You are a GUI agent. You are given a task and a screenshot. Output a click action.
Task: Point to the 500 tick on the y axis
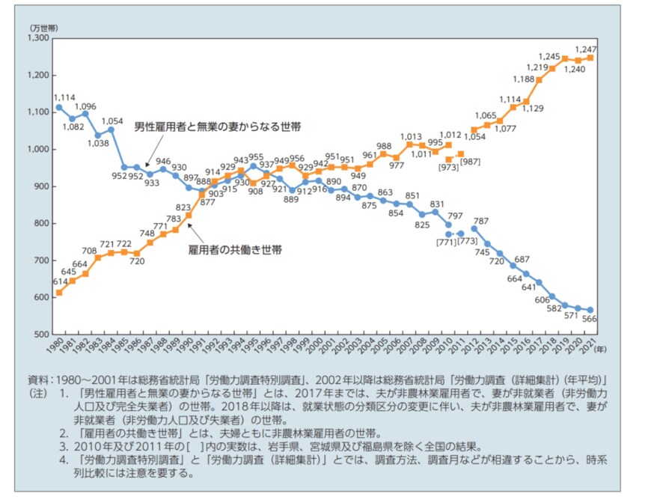[x=42, y=334]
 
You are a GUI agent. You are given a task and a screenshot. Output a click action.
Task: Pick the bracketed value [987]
[x=470, y=162]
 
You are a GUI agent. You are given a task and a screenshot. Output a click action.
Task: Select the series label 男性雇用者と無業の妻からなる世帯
[x=217, y=127]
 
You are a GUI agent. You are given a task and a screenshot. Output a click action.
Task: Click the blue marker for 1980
[x=59, y=107]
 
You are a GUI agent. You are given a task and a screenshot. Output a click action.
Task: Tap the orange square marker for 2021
[x=591, y=58]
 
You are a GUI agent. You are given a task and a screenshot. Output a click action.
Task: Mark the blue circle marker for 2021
[x=591, y=310]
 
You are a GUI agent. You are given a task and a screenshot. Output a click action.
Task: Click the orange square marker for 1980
[x=59, y=292]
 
